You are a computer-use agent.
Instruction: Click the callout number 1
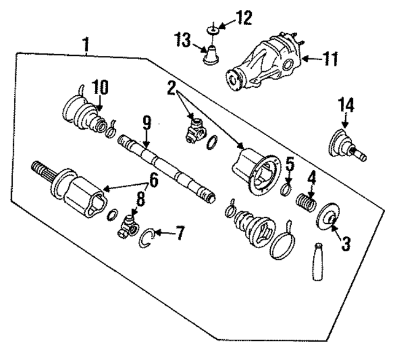(x=87, y=45)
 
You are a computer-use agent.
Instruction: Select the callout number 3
(x=345, y=244)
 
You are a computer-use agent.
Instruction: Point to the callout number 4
(x=311, y=179)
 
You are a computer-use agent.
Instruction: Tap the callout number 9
(x=147, y=123)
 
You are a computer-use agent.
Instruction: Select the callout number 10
(x=100, y=87)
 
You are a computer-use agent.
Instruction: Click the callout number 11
(x=330, y=60)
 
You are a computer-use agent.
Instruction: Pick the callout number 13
(x=183, y=41)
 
